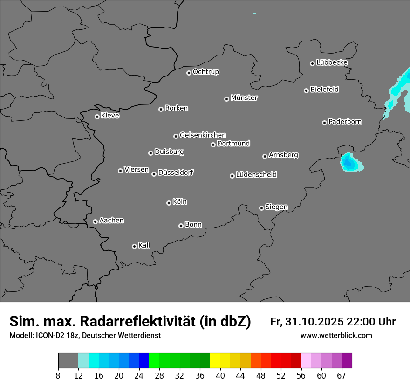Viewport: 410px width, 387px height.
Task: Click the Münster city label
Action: tap(244, 98)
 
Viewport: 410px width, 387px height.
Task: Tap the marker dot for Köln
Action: tap(169, 203)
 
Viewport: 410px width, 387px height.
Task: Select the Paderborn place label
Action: tap(345, 122)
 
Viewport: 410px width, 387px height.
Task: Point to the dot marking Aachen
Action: tap(95, 221)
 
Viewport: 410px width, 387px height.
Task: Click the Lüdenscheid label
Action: tap(256, 175)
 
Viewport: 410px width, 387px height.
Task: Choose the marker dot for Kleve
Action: tap(97, 117)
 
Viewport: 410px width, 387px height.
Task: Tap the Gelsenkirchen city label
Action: tap(203, 135)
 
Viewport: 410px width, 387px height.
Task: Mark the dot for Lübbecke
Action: tap(312, 63)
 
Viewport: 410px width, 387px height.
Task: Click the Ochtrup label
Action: tap(205, 72)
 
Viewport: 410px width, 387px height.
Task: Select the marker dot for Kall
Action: tap(134, 246)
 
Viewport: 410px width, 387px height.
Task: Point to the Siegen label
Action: tap(276, 207)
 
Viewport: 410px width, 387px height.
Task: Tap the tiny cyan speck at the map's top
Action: tap(254, 13)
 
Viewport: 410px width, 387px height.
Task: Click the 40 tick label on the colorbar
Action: tap(220, 375)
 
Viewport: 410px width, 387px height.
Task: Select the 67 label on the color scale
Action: tap(342, 375)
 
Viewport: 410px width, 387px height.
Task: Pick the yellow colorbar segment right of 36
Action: tap(215, 361)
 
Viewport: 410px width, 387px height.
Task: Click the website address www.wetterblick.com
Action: tap(336, 336)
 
